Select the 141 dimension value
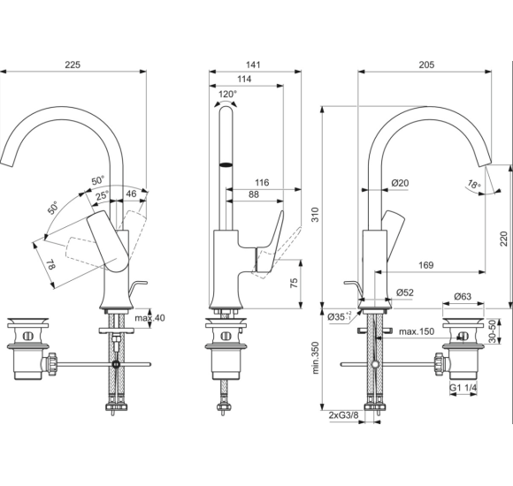click(x=255, y=64)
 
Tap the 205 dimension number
click(x=427, y=64)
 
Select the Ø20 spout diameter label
click(x=400, y=183)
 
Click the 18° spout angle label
click(x=474, y=185)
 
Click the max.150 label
click(x=414, y=331)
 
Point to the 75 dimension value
click(x=292, y=283)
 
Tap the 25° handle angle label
click(x=103, y=195)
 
